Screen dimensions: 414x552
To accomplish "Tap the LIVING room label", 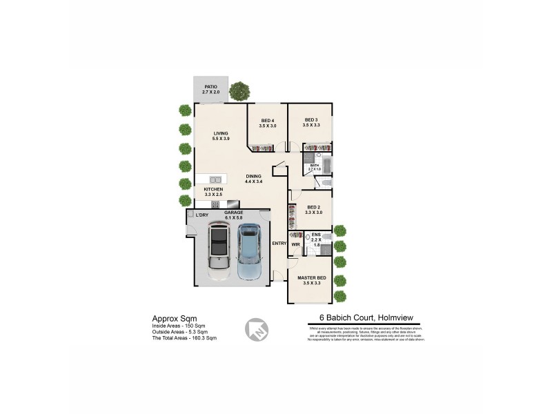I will pos(221,133).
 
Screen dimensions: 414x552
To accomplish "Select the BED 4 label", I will pos(268,121).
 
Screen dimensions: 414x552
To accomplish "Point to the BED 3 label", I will pos(311,119).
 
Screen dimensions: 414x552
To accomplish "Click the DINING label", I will pos(254,176).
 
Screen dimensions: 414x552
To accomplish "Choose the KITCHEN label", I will pos(213,189).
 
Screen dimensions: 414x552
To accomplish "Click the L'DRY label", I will pos(201,215).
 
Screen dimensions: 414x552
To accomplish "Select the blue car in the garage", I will pos(249,250).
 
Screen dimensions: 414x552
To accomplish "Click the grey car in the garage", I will pos(219,250).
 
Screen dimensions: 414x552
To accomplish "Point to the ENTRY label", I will pos(279,244).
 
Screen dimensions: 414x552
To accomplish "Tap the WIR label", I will pos(295,244).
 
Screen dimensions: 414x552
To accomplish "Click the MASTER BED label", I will pos(311,278).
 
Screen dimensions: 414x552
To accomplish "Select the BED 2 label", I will pos(313,207).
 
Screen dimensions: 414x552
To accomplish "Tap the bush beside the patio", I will pos(239,90).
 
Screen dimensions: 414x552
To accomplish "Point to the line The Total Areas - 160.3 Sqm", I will pos(184,338).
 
